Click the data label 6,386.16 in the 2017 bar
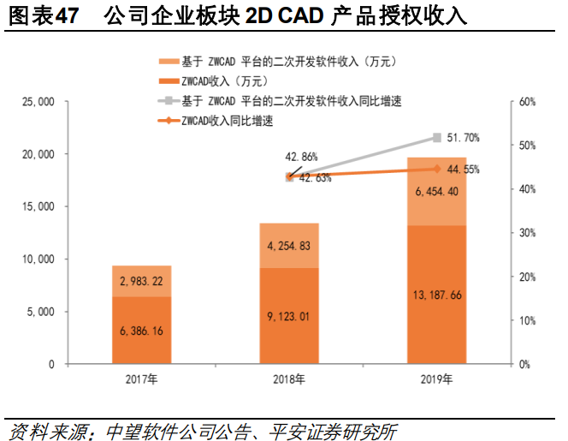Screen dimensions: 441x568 (141, 329)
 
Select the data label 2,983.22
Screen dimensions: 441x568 (141, 281)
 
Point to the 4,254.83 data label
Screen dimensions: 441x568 (289, 246)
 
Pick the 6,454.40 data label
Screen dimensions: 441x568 (437, 191)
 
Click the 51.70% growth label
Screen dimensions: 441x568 (464, 137)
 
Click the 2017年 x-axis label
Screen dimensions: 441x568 (141, 378)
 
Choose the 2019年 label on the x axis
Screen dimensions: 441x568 (437, 378)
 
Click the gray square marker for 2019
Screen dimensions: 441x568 (437, 137)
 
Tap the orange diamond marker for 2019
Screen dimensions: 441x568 (437, 169)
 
